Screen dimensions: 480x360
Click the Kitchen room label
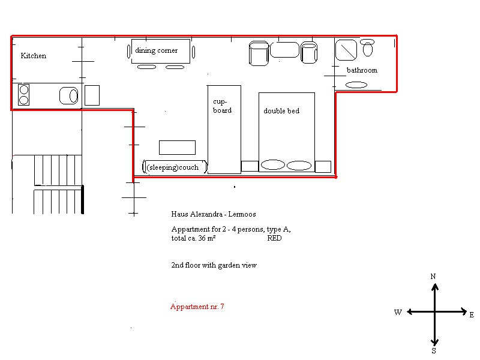(34, 56)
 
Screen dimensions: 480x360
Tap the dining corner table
(161, 51)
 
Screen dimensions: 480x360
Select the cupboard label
(222, 106)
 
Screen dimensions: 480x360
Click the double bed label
(281, 111)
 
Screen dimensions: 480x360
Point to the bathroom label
(362, 70)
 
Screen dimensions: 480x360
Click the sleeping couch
(175, 167)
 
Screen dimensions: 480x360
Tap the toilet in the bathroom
(367, 47)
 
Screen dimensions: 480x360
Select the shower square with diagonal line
(346, 50)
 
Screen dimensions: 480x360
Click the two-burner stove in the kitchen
(23, 95)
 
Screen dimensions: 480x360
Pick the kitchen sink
(69, 96)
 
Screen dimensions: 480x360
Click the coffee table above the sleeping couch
(177, 148)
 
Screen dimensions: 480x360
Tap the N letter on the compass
(433, 277)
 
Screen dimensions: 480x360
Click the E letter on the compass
(472, 314)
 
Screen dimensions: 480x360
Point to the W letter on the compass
(398, 312)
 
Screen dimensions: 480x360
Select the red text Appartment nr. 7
(197, 307)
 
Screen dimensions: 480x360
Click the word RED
(274, 238)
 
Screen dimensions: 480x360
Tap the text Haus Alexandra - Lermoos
(214, 214)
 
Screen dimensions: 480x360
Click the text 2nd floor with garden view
(214, 265)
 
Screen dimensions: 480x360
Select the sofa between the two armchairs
(284, 50)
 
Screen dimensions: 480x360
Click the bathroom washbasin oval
(356, 85)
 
